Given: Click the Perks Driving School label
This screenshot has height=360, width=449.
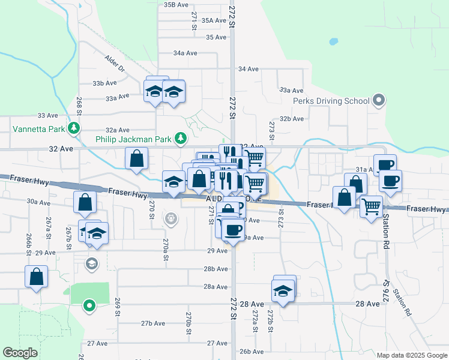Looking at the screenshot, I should pyautogui.click(x=331, y=101).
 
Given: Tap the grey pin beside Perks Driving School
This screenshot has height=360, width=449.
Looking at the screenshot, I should pyautogui.click(x=378, y=100).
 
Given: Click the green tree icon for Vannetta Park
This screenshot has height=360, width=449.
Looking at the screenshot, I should pyautogui.click(x=74, y=128).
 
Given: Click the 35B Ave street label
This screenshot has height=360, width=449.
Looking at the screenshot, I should pyautogui.click(x=176, y=5).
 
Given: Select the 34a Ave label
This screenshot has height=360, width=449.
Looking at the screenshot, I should pyautogui.click(x=185, y=53).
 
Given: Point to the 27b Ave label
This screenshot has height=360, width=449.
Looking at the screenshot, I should pyautogui.click(x=153, y=323).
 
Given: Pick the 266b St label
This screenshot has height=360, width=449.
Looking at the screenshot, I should pyautogui.click(x=28, y=241).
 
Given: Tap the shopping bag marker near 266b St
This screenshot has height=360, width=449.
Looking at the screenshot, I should pyautogui.click(x=37, y=277).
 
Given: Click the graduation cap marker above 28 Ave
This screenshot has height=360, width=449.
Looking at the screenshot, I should pyautogui.click(x=283, y=290).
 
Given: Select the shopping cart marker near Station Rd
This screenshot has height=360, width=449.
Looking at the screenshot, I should pyautogui.click(x=372, y=207).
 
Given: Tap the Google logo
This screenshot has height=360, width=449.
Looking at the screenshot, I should pyautogui.click(x=20, y=353).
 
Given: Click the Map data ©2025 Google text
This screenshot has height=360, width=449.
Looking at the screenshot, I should pyautogui.click(x=411, y=355).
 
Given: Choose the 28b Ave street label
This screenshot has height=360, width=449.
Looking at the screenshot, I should pyautogui.click(x=215, y=269).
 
